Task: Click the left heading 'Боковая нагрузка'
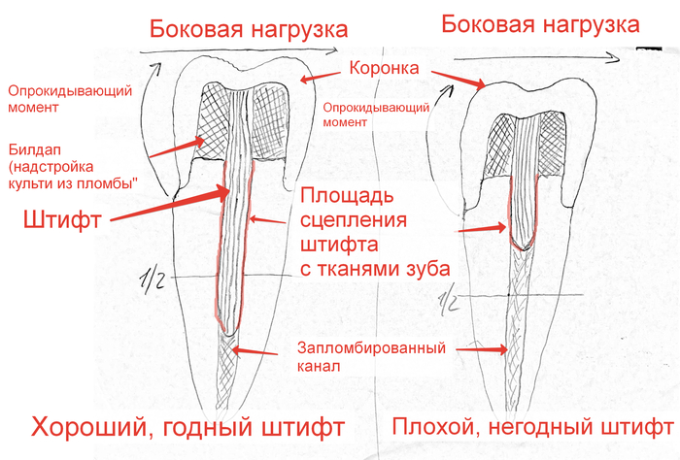point(249,29)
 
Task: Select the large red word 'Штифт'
point(58,220)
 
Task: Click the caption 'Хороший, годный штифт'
point(188,426)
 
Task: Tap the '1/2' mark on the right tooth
point(448,304)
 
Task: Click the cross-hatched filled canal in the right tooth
point(525,320)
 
